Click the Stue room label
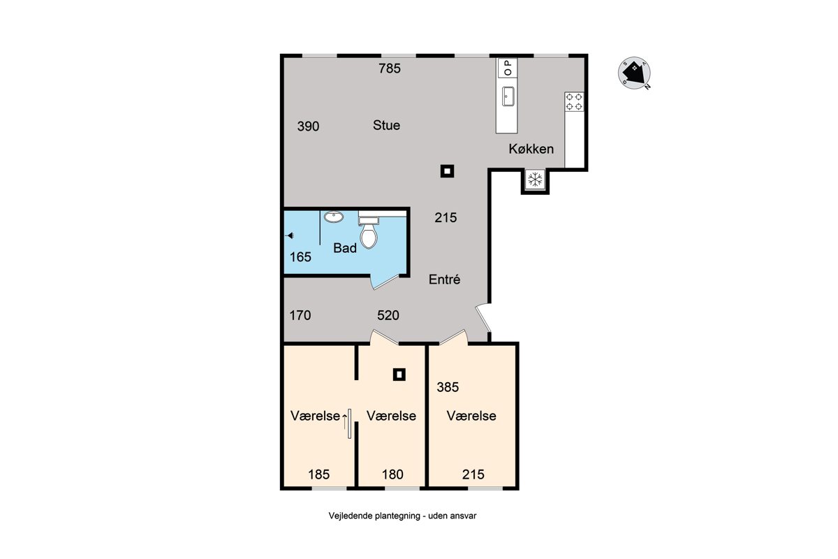386,125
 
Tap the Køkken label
531,149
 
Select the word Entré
444,279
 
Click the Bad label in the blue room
345,248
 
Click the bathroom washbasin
334,217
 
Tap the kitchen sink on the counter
508,96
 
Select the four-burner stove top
574,102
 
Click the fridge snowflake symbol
535,180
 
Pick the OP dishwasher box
508,68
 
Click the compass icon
635,73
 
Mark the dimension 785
390,68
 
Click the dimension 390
308,126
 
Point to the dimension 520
388,315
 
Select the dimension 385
448,387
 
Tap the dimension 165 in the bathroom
300,257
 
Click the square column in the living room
447,171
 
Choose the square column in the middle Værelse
399,375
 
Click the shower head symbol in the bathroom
289,235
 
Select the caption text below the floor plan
402,516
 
